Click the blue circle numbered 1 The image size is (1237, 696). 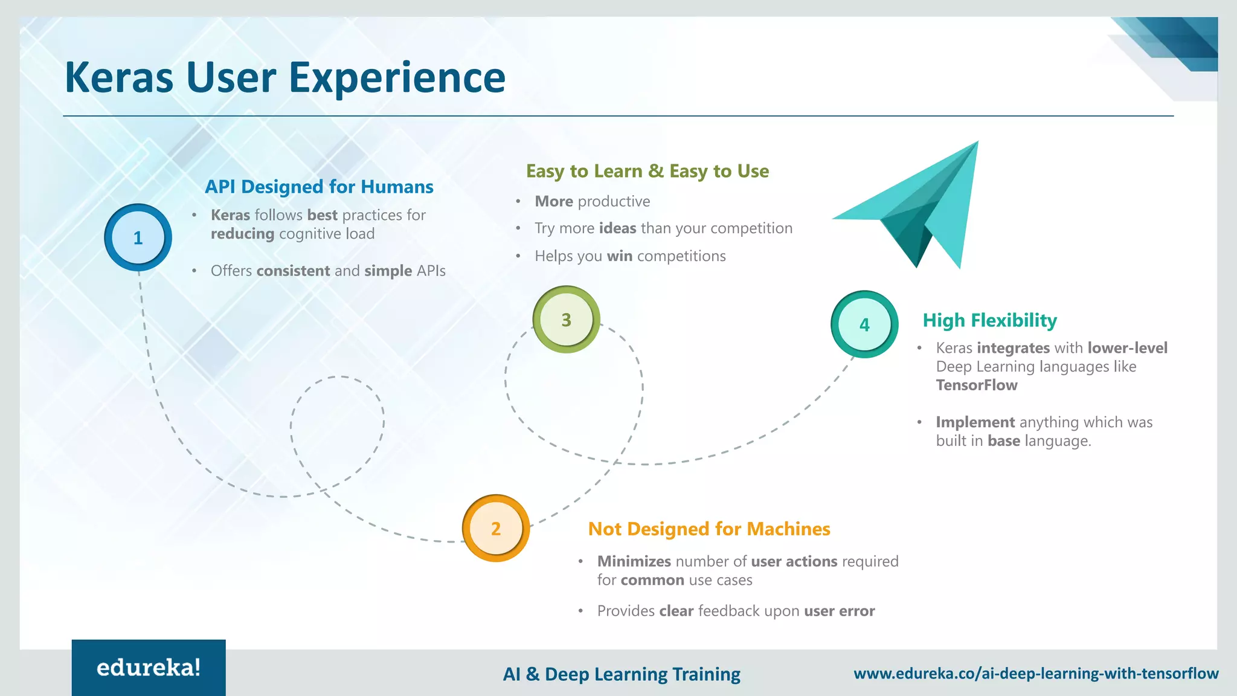(x=138, y=237)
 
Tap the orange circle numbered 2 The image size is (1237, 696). (x=496, y=529)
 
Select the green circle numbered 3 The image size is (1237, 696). (x=566, y=320)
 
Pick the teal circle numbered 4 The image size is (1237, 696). (x=864, y=324)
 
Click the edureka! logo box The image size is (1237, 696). (x=149, y=668)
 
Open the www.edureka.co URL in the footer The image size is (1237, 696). (x=1036, y=673)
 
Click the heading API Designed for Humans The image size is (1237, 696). (x=319, y=187)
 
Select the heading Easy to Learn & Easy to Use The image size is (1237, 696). (x=647, y=171)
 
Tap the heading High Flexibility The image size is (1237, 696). (x=989, y=320)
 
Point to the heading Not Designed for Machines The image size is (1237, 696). (x=709, y=529)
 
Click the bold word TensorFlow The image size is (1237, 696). (x=976, y=385)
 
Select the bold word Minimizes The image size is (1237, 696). (x=634, y=561)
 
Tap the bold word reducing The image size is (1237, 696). (x=242, y=234)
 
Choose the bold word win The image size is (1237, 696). (x=619, y=256)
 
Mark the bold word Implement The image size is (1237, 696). (x=975, y=422)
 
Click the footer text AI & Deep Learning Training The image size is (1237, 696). (x=622, y=674)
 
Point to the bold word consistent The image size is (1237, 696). (x=293, y=271)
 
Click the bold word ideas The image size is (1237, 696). (x=617, y=228)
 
